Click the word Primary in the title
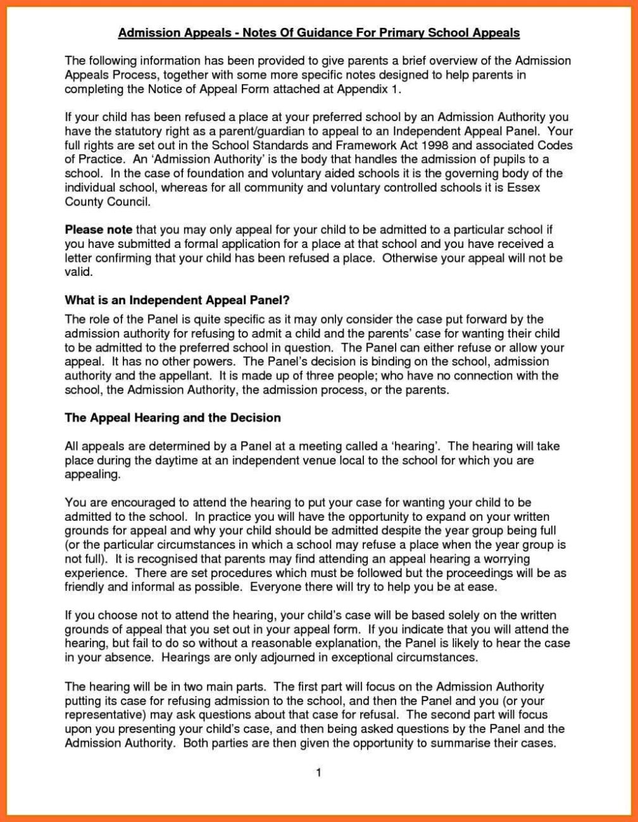coord(393,32)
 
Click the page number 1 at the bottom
coord(319,773)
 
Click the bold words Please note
coord(99,230)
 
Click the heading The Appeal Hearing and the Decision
coord(173,418)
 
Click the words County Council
coord(108,202)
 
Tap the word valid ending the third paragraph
coord(78,272)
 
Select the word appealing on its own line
coord(92,474)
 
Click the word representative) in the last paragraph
coord(105,716)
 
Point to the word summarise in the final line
coord(458,744)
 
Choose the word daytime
coord(163,460)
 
